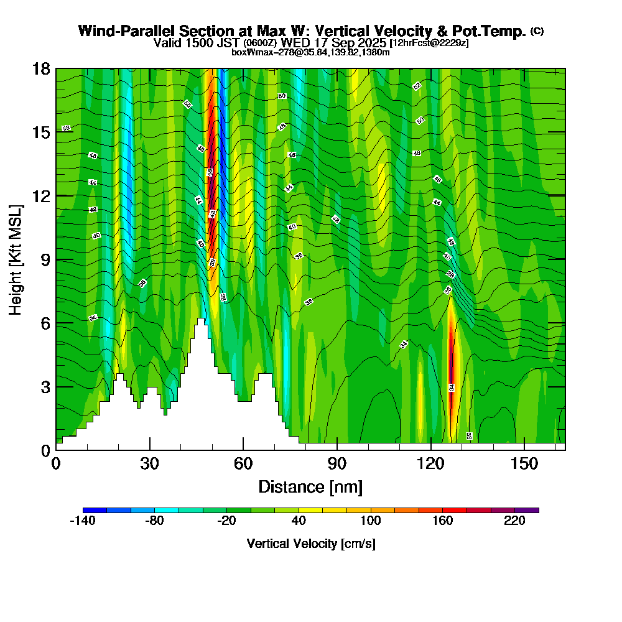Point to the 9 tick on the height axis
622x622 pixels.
[x=56, y=259]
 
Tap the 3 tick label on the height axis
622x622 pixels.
[x=45, y=387]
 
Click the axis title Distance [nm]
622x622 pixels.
[x=310, y=486]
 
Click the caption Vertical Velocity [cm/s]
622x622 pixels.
[x=310, y=544]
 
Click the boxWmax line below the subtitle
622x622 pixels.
[x=310, y=52]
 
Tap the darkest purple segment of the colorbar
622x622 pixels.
[x=527, y=510]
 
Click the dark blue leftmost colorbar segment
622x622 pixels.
[x=95, y=510]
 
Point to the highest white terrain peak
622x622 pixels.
[x=200, y=320]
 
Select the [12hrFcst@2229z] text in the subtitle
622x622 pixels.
[x=429, y=44]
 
